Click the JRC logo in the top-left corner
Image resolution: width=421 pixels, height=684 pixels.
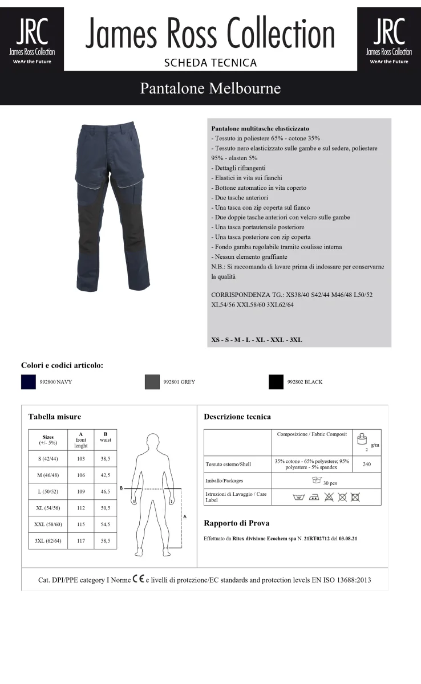click(32, 38)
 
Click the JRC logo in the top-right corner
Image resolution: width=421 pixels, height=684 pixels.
click(389, 38)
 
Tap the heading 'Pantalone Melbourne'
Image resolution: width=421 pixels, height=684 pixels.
click(210, 88)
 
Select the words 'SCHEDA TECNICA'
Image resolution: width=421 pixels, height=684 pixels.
click(210, 63)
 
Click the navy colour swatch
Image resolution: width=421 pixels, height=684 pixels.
click(29, 382)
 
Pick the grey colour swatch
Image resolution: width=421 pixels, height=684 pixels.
click(152, 382)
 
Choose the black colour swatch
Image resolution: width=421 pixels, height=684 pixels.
click(276, 382)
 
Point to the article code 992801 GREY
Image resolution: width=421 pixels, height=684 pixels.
click(179, 382)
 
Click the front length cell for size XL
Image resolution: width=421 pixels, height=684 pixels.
click(80, 508)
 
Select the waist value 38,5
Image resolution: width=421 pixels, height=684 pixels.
click(105, 459)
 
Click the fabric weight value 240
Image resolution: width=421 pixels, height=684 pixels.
click(367, 465)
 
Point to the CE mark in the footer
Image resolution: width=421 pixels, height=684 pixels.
click(138, 580)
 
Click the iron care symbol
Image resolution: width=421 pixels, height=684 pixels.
click(314, 498)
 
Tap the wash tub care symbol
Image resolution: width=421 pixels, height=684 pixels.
click(298, 498)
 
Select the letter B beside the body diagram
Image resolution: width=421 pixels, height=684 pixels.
click(121, 488)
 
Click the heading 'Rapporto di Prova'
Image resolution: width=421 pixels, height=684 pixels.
click(236, 523)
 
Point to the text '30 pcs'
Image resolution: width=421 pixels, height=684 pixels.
click(330, 483)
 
